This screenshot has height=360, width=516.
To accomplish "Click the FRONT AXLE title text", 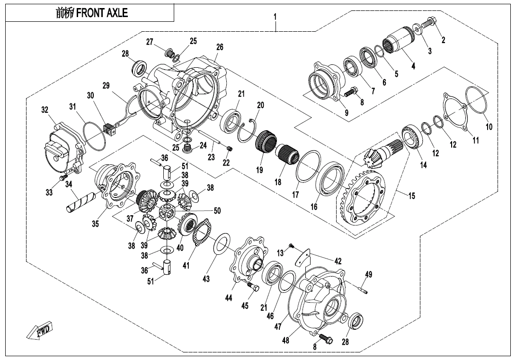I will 92,13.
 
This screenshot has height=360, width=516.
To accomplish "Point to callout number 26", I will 220,47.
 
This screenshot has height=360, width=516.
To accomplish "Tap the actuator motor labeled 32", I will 62,151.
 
